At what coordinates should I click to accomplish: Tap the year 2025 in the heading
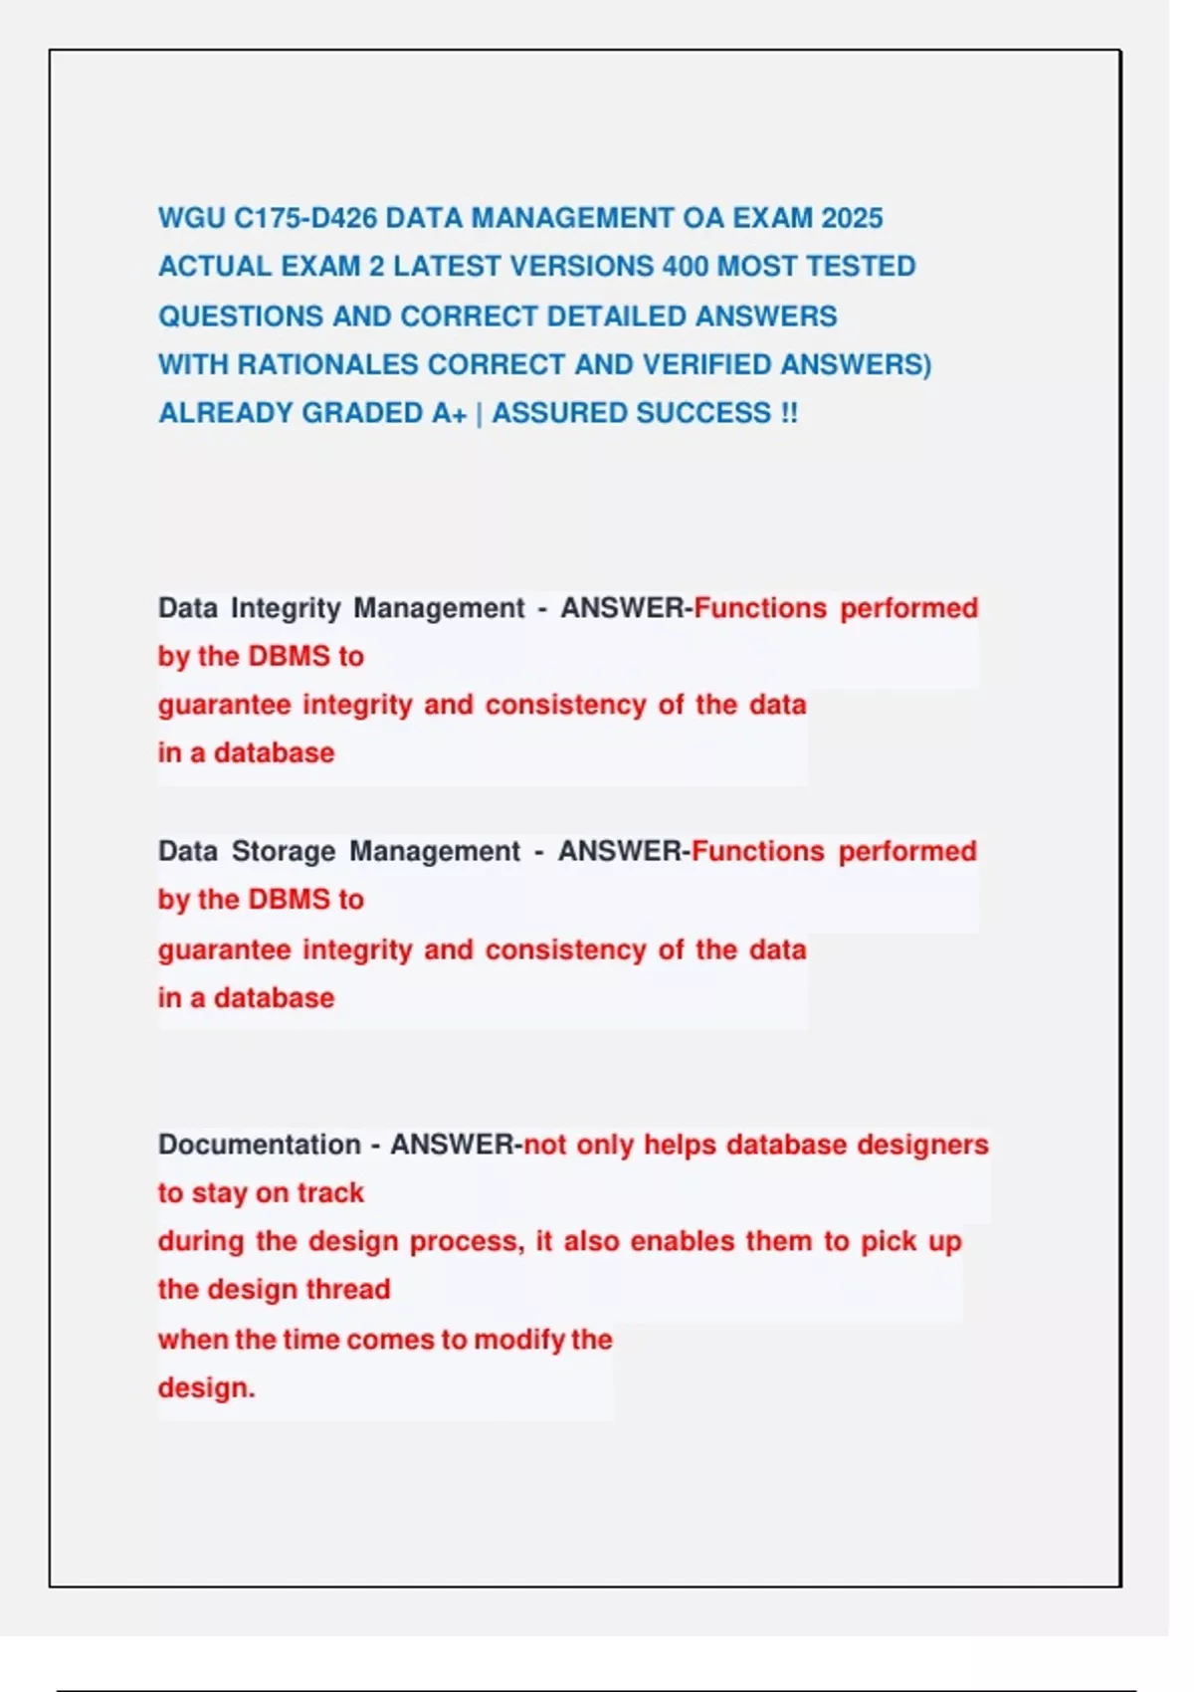click(x=852, y=218)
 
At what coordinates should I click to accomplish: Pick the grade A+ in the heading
click(x=450, y=413)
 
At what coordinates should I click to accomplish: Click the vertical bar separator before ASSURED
click(x=480, y=414)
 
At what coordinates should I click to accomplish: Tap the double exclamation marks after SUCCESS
click(x=789, y=413)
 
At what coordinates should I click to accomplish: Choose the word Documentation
click(x=259, y=1145)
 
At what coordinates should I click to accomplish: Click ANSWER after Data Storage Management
click(x=619, y=852)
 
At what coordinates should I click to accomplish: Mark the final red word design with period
click(x=206, y=1387)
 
